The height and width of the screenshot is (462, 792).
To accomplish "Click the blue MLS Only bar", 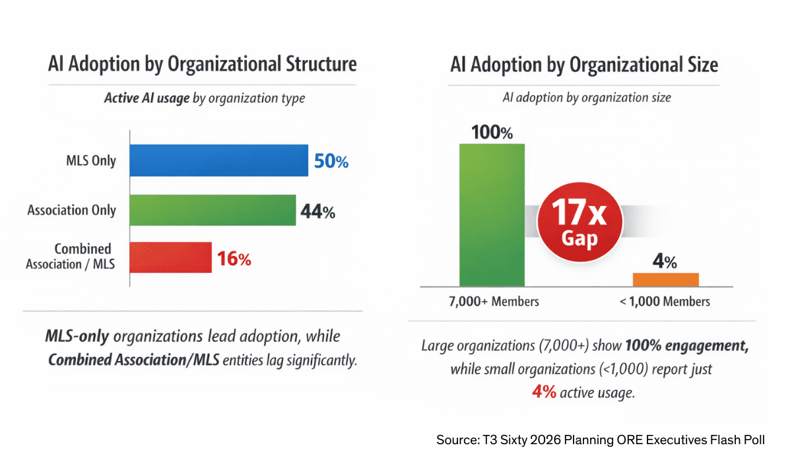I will click(219, 160).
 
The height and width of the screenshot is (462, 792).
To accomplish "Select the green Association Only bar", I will click(213, 210).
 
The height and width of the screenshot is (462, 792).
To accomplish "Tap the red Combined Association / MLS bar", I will click(171, 257).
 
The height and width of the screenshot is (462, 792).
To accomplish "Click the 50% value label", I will click(331, 161).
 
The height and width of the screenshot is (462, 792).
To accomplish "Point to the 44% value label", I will click(317, 211).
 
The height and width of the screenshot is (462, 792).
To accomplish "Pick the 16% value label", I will click(234, 259).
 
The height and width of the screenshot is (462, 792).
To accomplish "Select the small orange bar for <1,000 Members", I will click(665, 279).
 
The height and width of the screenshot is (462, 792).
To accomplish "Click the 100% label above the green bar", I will click(492, 131).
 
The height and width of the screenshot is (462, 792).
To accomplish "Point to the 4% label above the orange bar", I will click(665, 261).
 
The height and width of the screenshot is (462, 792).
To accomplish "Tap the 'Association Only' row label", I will click(71, 211).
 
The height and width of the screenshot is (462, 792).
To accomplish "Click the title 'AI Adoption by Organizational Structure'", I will click(202, 64).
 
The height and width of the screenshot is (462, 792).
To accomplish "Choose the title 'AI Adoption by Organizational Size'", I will click(584, 65).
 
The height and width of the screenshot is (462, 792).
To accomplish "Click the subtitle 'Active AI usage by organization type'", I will click(204, 98).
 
